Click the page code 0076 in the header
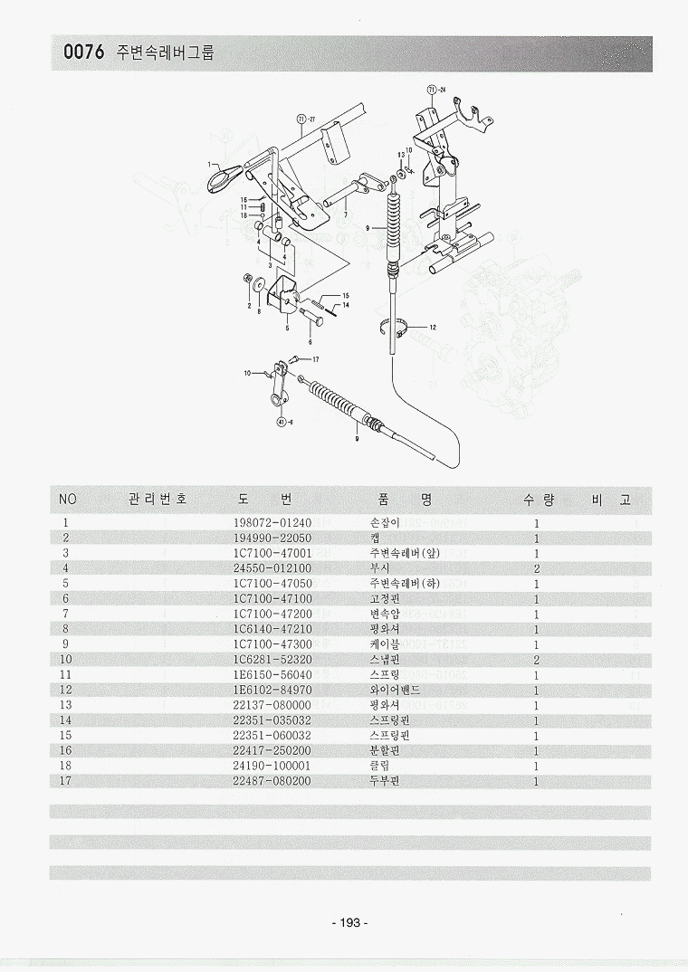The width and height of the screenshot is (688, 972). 83,53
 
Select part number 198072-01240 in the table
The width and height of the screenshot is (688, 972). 272,522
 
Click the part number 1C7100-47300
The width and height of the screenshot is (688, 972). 272,644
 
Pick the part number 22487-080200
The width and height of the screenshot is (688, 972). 272,781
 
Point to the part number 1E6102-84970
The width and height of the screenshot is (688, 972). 272,690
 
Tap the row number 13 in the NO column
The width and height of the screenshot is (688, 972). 66,705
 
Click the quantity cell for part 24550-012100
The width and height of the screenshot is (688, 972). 537,568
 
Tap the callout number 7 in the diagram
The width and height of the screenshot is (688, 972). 344,215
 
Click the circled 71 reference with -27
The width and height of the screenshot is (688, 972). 303,119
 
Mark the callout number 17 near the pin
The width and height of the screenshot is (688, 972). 316,359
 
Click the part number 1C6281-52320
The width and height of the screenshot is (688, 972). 272,659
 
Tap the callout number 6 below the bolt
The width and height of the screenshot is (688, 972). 310,342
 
